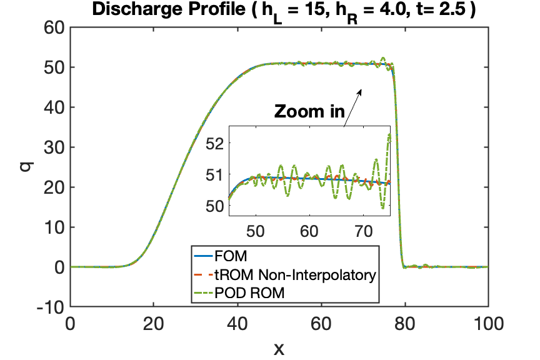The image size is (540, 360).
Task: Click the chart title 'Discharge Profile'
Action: click(x=169, y=9)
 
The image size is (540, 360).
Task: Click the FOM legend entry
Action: click(x=221, y=256)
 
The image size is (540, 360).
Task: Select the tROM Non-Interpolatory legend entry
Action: click(x=285, y=274)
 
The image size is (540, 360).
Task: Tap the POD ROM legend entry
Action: click(x=239, y=293)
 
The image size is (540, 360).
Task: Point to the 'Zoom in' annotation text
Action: click(x=309, y=111)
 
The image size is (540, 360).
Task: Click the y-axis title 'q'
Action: click(x=26, y=167)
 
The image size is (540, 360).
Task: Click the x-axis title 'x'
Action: click(x=279, y=349)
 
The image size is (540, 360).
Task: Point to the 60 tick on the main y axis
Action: click(x=54, y=27)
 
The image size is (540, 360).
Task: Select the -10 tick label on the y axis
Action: click(x=51, y=307)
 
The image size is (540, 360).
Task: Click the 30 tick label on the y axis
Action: click(x=54, y=147)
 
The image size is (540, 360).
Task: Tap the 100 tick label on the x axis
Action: click(x=488, y=324)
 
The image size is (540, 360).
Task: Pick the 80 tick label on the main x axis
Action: click(x=404, y=324)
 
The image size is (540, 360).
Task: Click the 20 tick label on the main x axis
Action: click(x=154, y=324)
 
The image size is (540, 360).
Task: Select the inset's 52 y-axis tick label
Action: click(x=215, y=143)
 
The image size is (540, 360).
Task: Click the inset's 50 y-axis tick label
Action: click(x=215, y=206)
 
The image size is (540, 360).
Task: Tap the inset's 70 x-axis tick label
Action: click(x=363, y=231)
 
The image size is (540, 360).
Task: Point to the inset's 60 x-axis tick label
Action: click(x=309, y=231)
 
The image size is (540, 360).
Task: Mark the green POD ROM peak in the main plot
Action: click(x=383, y=58)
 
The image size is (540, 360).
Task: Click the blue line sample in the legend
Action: click(x=203, y=256)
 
